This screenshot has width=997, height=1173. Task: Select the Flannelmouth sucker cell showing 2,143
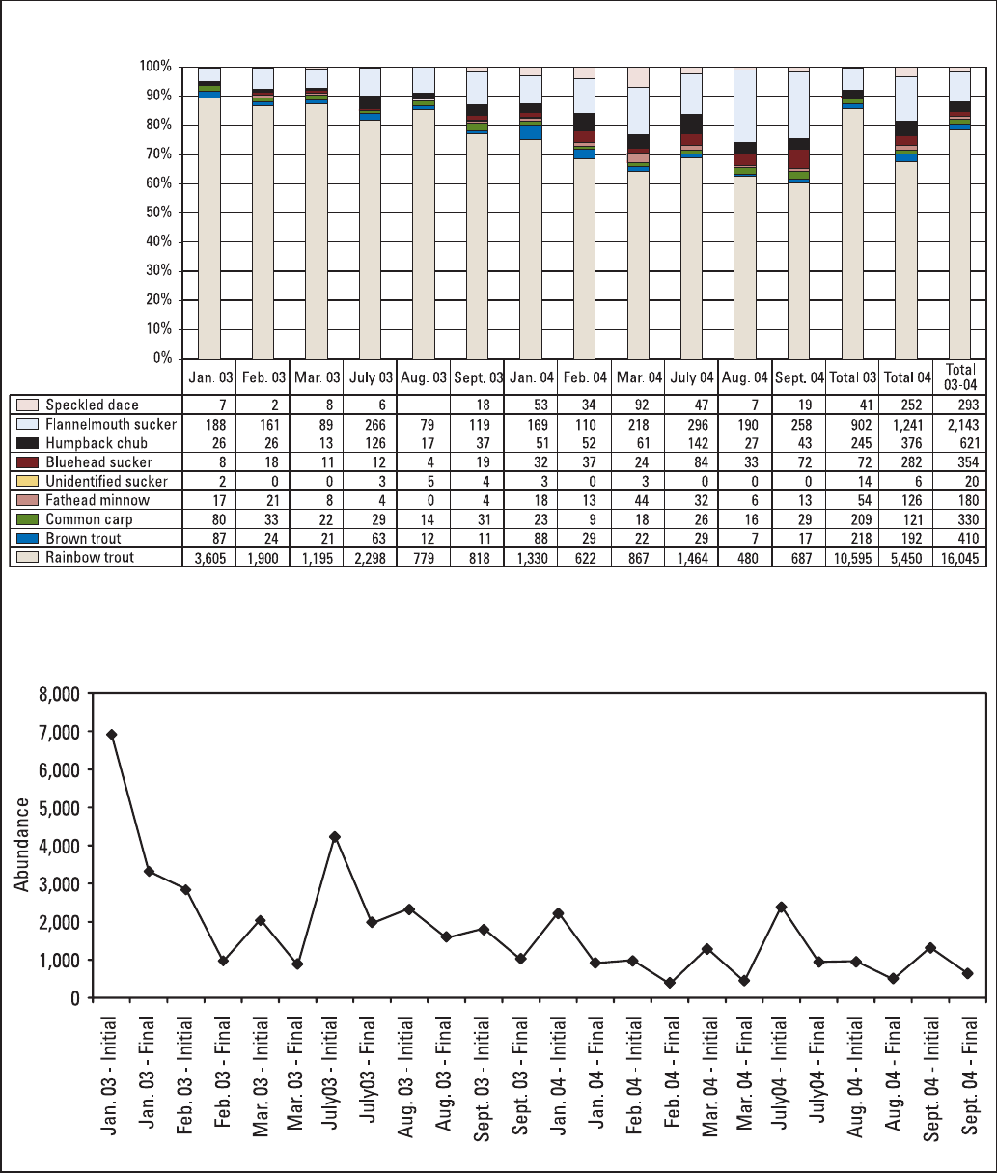point(960,424)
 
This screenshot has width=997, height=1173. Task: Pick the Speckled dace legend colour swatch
point(28,405)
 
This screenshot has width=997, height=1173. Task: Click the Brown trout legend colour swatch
point(28,539)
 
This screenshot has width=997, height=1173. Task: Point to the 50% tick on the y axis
point(156,212)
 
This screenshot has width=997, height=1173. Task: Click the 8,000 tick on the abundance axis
point(58,694)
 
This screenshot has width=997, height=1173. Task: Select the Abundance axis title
point(20,845)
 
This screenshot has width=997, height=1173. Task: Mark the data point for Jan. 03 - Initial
point(112,735)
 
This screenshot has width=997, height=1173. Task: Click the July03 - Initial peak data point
point(335,836)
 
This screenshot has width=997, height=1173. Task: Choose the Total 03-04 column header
point(960,377)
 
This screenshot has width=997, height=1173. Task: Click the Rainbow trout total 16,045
point(960,558)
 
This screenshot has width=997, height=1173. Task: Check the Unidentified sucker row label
point(106,481)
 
